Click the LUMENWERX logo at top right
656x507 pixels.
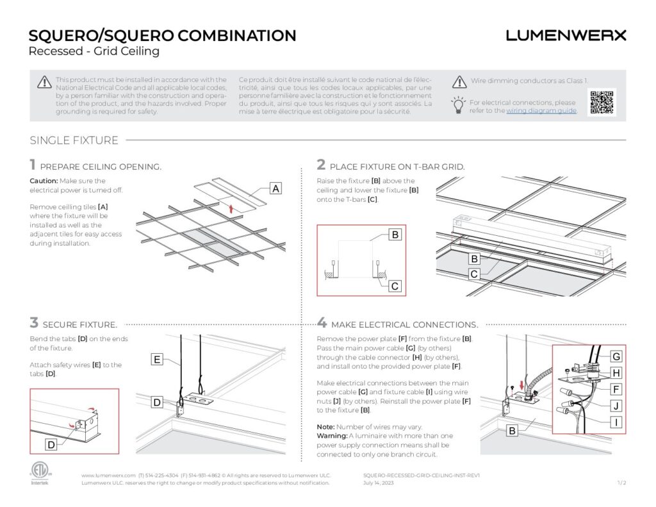[566, 36]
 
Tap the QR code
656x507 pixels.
[602, 102]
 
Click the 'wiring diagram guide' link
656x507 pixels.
[541, 111]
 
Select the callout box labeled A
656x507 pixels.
[275, 188]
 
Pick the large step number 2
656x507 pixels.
[321, 165]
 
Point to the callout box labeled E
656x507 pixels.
[156, 360]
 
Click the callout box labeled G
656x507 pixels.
[616, 356]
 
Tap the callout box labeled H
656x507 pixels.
[616, 372]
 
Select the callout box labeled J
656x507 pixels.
[616, 405]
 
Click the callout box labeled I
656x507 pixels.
[616, 422]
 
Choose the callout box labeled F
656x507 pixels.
[616, 388]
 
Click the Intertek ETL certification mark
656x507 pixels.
[40, 473]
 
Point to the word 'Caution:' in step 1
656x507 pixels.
[44, 181]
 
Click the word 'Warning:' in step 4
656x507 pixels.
[332, 436]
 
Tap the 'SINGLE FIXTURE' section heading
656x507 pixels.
[74, 140]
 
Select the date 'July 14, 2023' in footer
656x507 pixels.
[379, 483]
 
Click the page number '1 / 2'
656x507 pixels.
[621, 483]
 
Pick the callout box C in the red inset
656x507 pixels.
[395, 286]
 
